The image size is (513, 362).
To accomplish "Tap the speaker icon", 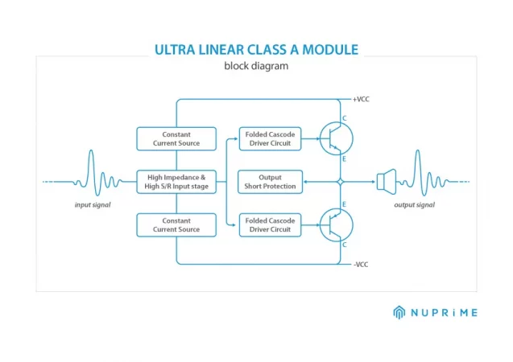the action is pyautogui.click(x=387, y=182).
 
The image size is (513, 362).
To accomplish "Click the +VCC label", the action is pyautogui.click(x=361, y=99).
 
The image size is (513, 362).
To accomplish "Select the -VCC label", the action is pyautogui.click(x=361, y=265).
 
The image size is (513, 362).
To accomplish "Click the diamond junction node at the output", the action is pyautogui.click(x=340, y=182).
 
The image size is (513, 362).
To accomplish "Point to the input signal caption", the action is pyautogui.click(x=93, y=205).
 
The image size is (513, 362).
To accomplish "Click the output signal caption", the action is pyautogui.click(x=415, y=205).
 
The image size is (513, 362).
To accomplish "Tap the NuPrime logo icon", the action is pyautogui.click(x=399, y=312).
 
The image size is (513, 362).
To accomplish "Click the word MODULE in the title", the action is pyautogui.click(x=330, y=50).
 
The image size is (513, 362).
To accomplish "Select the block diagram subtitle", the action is pyautogui.click(x=256, y=66).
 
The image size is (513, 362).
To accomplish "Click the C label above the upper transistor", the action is pyautogui.click(x=344, y=118).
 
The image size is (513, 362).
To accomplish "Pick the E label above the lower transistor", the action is pyautogui.click(x=344, y=204).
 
